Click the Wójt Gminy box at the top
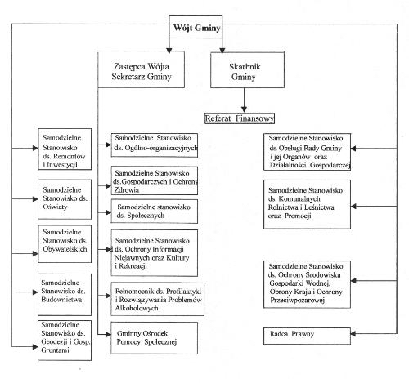point(196,26)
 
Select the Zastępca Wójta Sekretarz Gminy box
point(141,69)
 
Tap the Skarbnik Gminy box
point(247,70)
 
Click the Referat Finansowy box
point(240,118)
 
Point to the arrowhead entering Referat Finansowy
point(244,109)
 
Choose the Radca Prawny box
point(307,336)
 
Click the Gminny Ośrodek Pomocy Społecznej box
point(154,338)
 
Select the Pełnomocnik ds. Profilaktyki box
point(157,299)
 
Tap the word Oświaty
point(55,207)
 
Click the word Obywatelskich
point(65,249)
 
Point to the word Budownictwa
point(61,300)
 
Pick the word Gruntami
point(55,350)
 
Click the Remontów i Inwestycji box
point(65,149)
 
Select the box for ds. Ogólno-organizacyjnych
point(155,145)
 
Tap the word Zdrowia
point(127,190)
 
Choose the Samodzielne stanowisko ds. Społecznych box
point(154,212)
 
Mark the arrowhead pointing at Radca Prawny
point(353,334)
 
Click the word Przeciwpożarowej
point(297,301)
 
